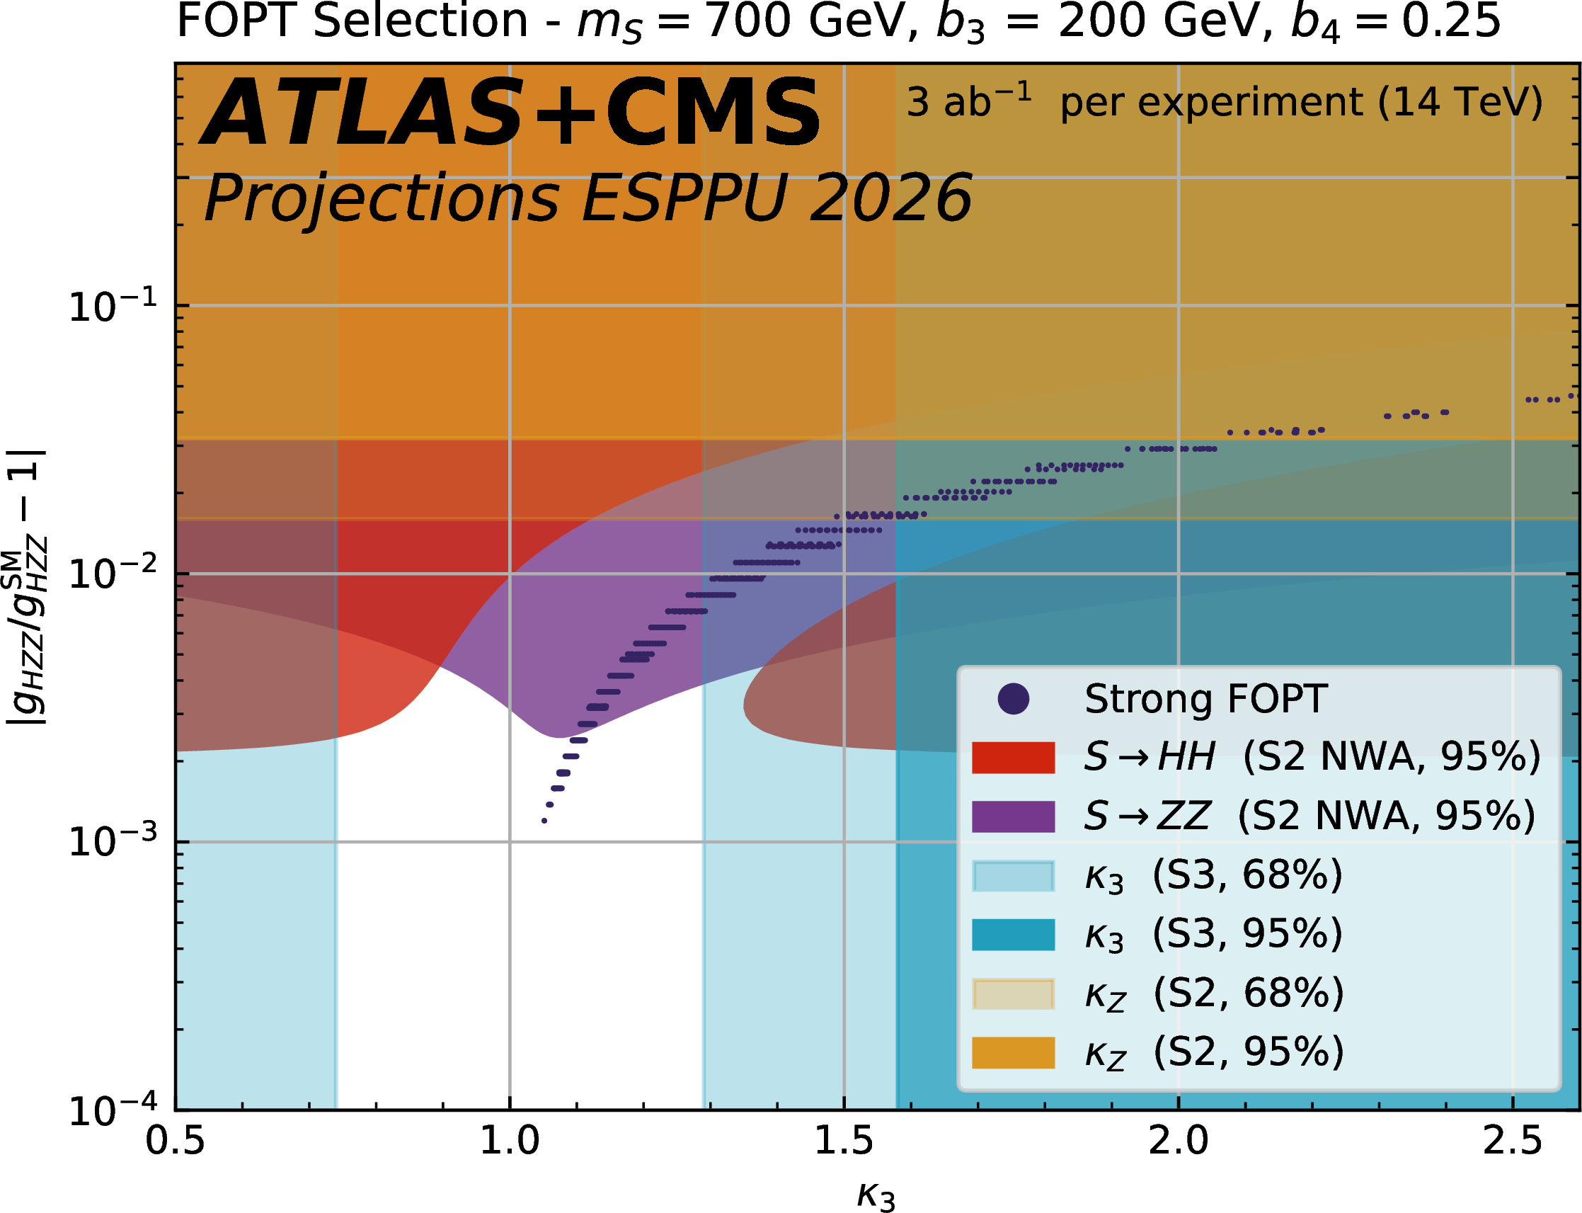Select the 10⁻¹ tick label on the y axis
point(113,307)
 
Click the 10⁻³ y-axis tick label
point(113,842)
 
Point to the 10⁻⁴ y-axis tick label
point(113,1111)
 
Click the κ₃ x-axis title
point(876,1195)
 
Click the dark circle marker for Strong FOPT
point(1013,699)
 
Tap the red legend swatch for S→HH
point(1013,758)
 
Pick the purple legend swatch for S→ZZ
point(1013,816)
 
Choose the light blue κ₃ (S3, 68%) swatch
point(1013,876)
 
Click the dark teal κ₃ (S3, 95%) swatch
point(1013,934)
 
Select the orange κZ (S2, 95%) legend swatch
point(1013,1052)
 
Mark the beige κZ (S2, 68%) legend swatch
point(1013,993)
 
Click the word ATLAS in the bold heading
point(361,114)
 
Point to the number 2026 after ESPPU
point(890,198)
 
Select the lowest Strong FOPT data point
point(544,821)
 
